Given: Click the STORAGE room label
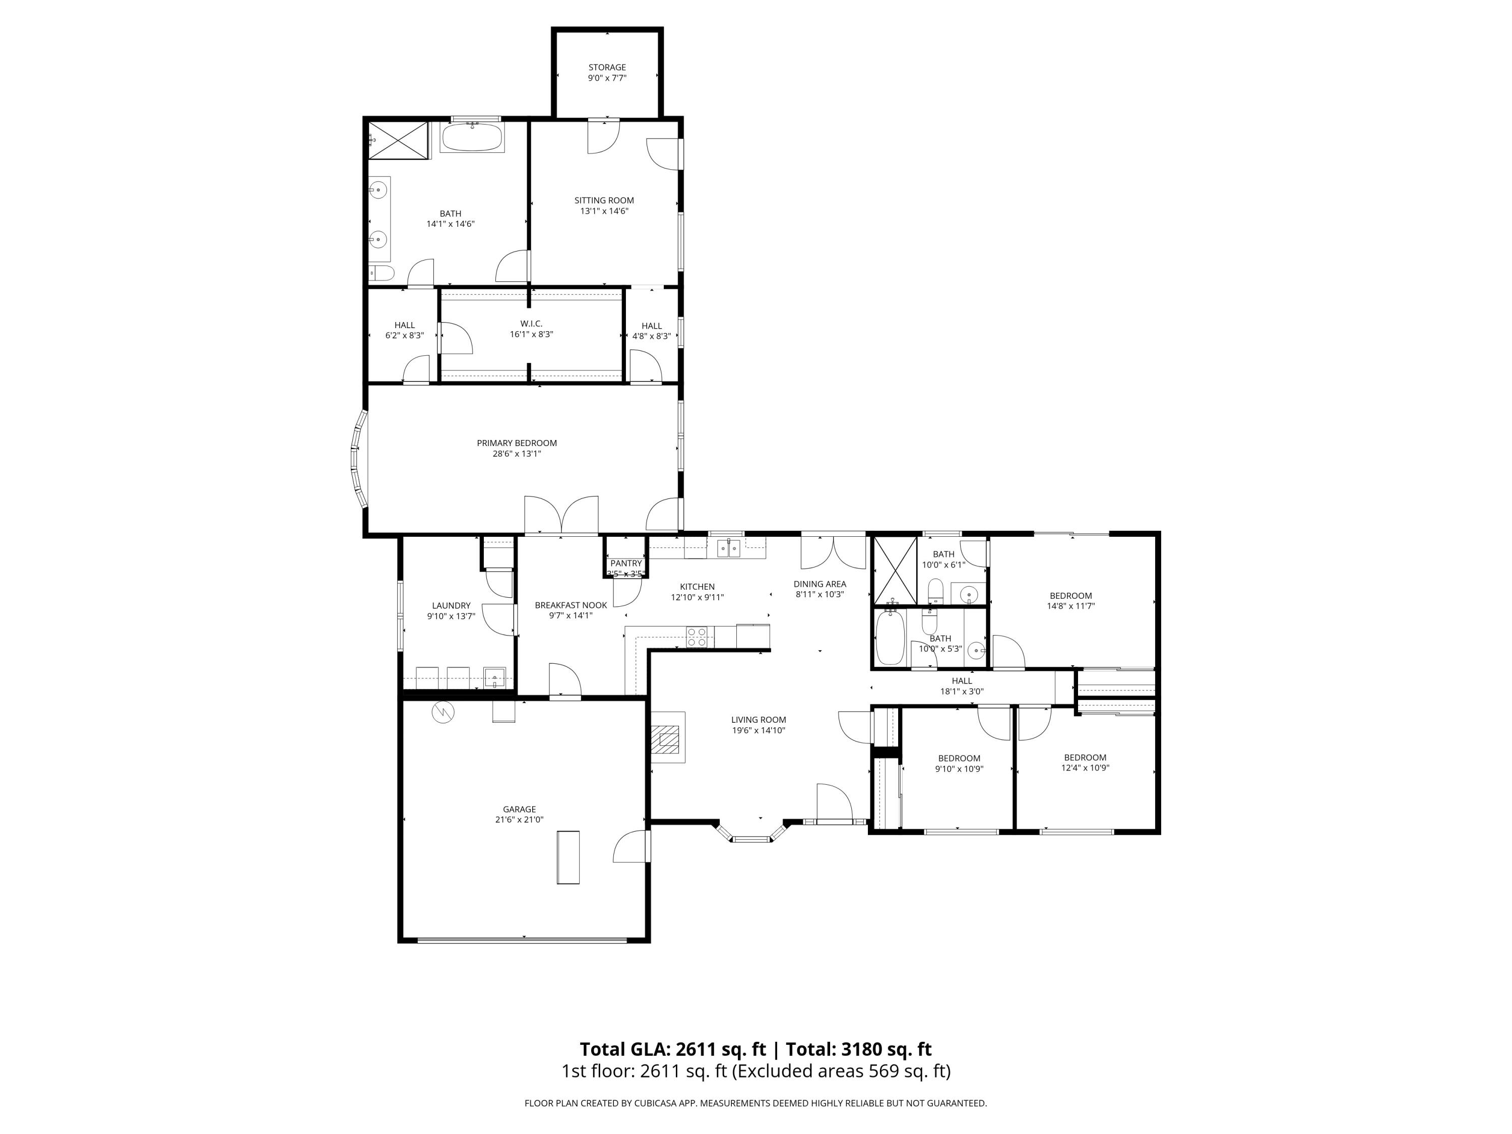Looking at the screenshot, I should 607,68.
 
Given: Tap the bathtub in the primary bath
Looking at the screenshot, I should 472,138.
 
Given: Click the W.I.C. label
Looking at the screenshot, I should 531,324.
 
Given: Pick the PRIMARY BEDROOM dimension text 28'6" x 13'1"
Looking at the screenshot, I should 517,453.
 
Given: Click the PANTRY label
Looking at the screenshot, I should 626,563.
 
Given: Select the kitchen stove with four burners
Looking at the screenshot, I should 697,637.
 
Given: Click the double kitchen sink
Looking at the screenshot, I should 729,547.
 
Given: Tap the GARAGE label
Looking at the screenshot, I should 520,809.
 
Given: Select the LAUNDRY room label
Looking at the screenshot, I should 451,606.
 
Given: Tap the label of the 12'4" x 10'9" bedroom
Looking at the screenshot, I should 1085,758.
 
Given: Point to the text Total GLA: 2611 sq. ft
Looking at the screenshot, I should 673,1049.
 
